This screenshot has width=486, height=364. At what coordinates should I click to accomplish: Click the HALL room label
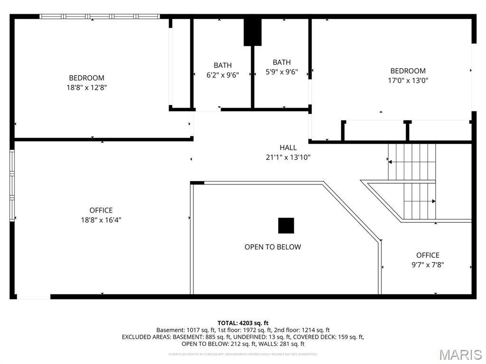point(288,147)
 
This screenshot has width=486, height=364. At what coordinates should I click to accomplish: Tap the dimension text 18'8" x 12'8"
point(86,87)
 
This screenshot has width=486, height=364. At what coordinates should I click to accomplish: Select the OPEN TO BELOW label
point(272,247)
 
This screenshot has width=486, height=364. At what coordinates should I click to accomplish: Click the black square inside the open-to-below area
point(286,226)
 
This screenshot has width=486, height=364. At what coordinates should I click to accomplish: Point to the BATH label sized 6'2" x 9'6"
point(223,65)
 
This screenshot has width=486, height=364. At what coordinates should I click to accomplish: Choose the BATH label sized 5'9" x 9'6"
point(281,62)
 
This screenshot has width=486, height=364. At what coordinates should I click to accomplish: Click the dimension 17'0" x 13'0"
point(408,81)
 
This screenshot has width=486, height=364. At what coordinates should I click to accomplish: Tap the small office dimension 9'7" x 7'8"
point(428,265)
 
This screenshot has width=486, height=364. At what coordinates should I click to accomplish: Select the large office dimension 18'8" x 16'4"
point(101,220)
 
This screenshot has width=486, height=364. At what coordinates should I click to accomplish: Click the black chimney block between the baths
point(252,32)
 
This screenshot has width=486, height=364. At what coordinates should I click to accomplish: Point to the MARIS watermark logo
point(460,355)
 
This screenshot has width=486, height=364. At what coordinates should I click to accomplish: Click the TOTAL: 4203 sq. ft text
point(243,323)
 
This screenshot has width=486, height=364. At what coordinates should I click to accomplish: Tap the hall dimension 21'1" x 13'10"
point(288,157)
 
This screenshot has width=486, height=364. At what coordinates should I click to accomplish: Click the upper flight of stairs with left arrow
point(411,162)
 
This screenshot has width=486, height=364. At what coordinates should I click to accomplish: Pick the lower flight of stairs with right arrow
point(419,201)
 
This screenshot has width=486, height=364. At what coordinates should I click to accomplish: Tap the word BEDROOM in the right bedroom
point(408,71)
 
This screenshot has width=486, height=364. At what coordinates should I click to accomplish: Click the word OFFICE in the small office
point(428,255)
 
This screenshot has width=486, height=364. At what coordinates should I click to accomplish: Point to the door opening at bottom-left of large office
point(33,297)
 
